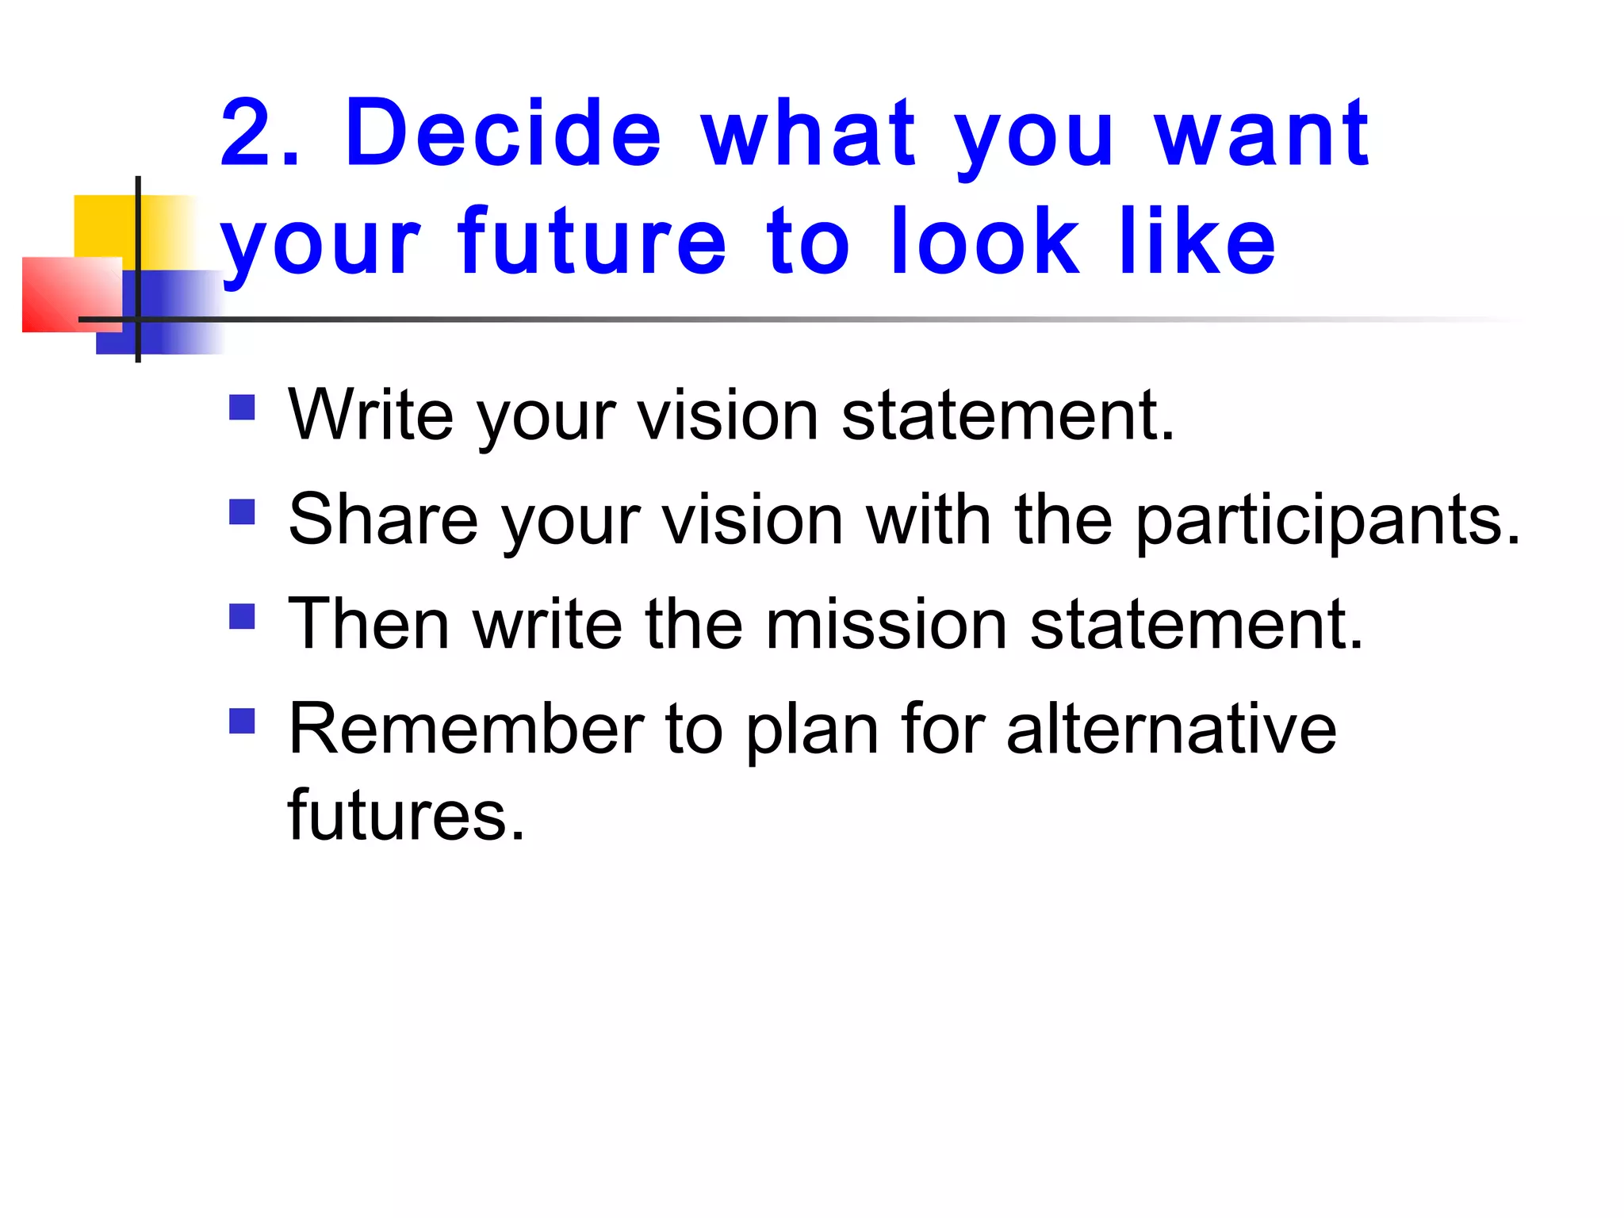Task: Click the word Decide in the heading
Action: coord(504,133)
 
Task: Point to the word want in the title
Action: coord(1261,133)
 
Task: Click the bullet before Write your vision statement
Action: coord(242,408)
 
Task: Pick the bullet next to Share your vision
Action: coord(242,512)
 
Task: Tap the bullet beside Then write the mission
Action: coord(242,616)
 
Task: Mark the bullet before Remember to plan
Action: coord(242,721)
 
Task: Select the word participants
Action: coord(1327,521)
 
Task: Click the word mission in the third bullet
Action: coord(887,625)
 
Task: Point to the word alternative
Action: coord(1171,729)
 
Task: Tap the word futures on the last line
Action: coord(405,815)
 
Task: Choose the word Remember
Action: coord(466,729)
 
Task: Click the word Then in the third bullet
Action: coord(369,625)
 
